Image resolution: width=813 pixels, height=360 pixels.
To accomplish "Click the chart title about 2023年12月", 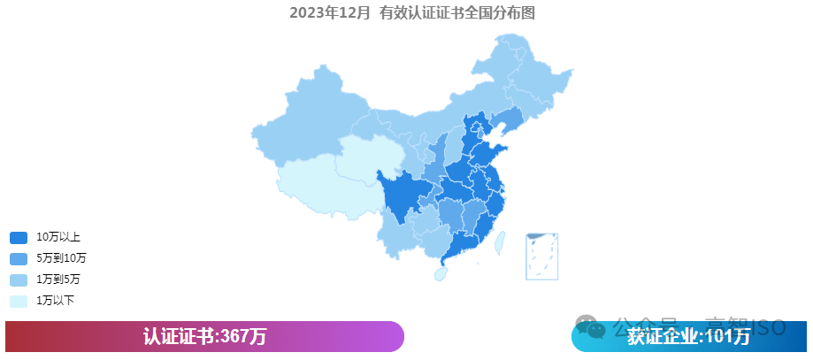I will pyautogui.click(x=412, y=12).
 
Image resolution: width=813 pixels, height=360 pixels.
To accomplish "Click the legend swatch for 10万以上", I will pyautogui.click(x=19, y=237).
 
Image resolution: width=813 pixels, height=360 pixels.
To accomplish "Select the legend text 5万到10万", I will pyautogui.click(x=61, y=258).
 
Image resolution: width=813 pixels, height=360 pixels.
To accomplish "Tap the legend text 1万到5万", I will pyautogui.click(x=58, y=280).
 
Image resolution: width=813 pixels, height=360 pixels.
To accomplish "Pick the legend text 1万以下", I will pyautogui.click(x=55, y=301).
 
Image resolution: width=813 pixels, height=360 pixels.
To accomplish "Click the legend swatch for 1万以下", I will pyautogui.click(x=19, y=301).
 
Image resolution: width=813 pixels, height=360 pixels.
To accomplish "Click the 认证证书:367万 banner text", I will pyautogui.click(x=204, y=337).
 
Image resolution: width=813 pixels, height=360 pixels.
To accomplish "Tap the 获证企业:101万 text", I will pyautogui.click(x=688, y=337).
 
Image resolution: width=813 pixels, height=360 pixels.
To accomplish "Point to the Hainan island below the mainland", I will pyautogui.click(x=440, y=274).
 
